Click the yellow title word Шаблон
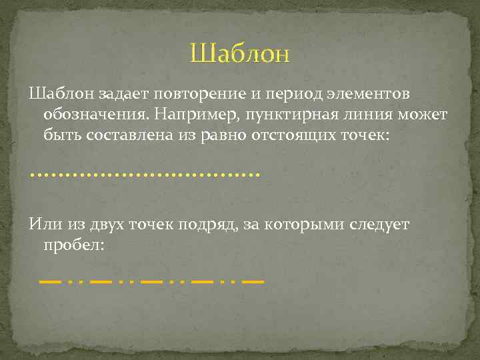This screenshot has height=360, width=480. pos(240,53)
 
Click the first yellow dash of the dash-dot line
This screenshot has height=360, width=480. pos(51,283)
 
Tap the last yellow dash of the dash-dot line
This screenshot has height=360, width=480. pos(253,283)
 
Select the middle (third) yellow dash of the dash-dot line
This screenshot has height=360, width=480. pos(152,283)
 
